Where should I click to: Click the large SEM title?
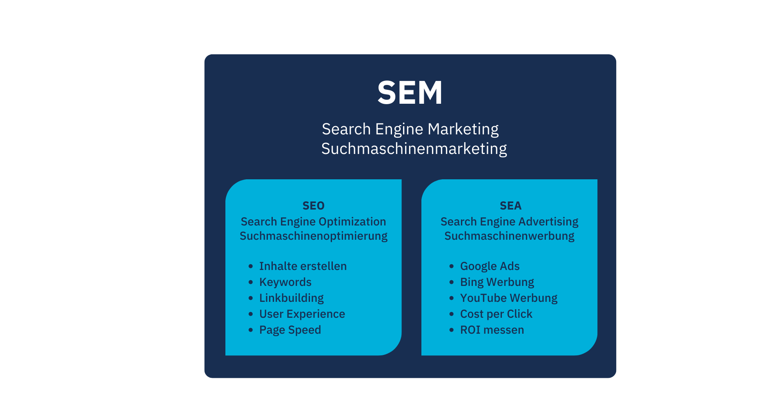point(410,93)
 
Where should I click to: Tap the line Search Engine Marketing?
point(410,129)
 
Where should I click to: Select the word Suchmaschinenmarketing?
point(414,149)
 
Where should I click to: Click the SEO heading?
point(314,206)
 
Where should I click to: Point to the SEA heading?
point(510,206)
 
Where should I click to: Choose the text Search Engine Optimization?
point(313,222)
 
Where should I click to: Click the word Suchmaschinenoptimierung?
point(314,236)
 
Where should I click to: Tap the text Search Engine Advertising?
point(509,222)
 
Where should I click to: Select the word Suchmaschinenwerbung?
point(509,236)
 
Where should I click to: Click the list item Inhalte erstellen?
point(303,266)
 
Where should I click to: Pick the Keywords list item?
point(285,282)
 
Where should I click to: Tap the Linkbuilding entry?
point(292,298)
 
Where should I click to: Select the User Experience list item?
point(302,314)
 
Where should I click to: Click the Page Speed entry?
point(290,330)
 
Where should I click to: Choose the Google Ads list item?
point(490,266)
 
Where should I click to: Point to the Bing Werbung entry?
point(497,282)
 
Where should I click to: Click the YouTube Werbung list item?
point(509,298)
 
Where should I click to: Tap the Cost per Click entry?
point(496,314)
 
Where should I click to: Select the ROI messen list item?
point(492,330)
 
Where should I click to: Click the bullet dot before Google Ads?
point(451,266)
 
